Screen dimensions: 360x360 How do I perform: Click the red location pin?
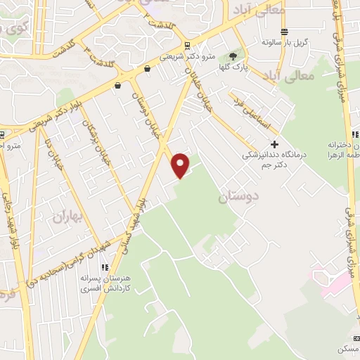click(x=181, y=165)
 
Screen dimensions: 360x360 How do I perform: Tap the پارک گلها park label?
click(x=233, y=70)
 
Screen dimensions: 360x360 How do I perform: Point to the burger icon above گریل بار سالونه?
click(x=284, y=32)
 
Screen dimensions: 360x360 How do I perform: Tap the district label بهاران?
click(x=67, y=217)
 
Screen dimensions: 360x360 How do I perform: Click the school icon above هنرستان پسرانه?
click(x=104, y=268)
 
